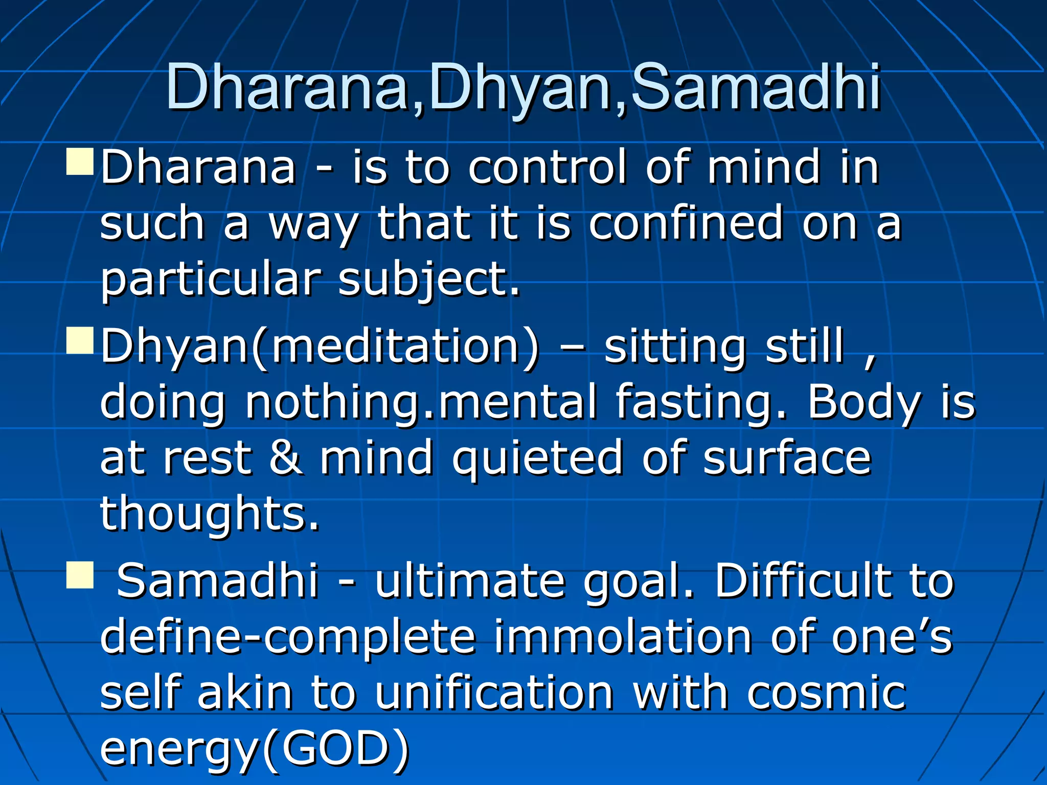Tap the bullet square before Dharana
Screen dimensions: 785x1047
tap(80, 162)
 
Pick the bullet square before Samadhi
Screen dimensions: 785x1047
tap(80, 575)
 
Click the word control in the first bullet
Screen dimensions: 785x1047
tap(548, 167)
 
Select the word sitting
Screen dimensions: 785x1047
tap(675, 347)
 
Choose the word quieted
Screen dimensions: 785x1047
tap(537, 458)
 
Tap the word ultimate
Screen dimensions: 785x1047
tap(470, 581)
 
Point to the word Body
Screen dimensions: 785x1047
tap(864, 402)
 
